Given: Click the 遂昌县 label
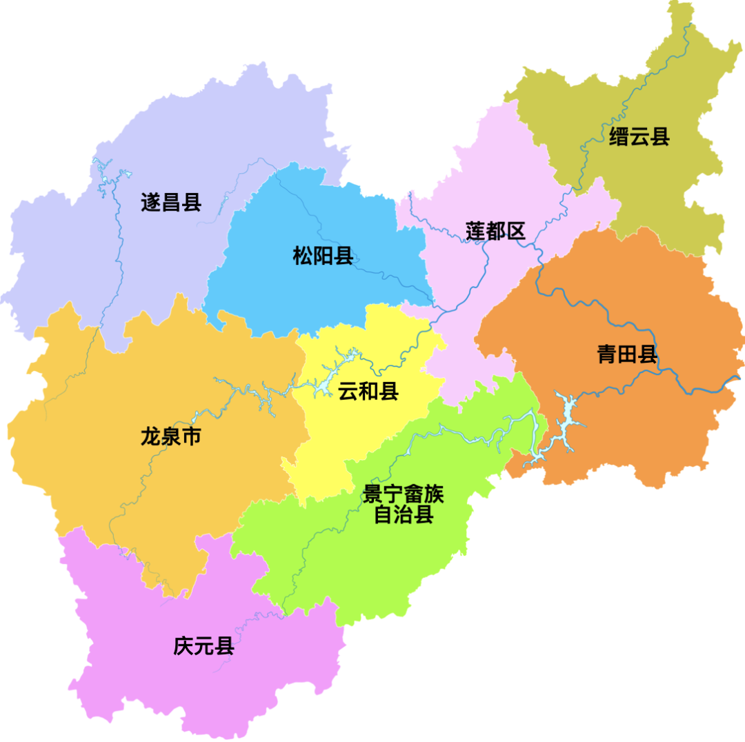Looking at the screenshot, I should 170,202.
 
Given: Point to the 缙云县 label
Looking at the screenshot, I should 639,137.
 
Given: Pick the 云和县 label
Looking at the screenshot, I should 368,392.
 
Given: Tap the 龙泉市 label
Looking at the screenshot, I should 170,437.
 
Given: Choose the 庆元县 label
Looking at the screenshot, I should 203,648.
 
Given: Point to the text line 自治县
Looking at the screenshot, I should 404,514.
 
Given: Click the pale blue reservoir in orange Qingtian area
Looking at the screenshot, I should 567,421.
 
